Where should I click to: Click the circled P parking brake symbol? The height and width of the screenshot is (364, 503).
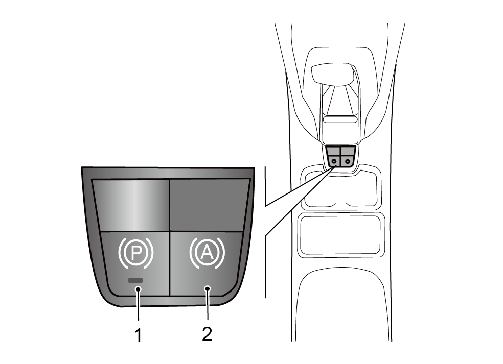pyautogui.click(x=136, y=253)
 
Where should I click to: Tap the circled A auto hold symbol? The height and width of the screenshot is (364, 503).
pyautogui.click(x=207, y=253)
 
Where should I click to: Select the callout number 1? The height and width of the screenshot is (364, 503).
pyautogui.click(x=138, y=335)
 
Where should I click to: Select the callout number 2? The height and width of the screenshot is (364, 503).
pyautogui.click(x=207, y=334)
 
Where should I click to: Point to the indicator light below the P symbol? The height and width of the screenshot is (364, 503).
pyautogui.click(x=135, y=280)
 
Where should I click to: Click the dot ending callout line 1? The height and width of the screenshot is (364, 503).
pyautogui.click(x=138, y=289)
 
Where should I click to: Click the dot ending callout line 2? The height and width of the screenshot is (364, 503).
pyautogui.click(x=208, y=289)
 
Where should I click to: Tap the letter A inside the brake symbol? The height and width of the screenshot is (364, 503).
pyautogui.click(x=207, y=253)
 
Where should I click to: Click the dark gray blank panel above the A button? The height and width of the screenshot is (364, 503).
pyautogui.click(x=209, y=205)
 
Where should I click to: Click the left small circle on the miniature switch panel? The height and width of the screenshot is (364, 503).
pyautogui.click(x=334, y=161)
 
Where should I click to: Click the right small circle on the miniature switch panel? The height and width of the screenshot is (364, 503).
pyautogui.click(x=348, y=161)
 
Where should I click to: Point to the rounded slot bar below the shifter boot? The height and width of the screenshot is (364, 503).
pyautogui.click(x=340, y=119)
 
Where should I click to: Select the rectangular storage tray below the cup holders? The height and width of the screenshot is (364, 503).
pyautogui.click(x=340, y=234)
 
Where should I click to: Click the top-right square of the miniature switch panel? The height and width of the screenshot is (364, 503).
pyautogui.click(x=348, y=151)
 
